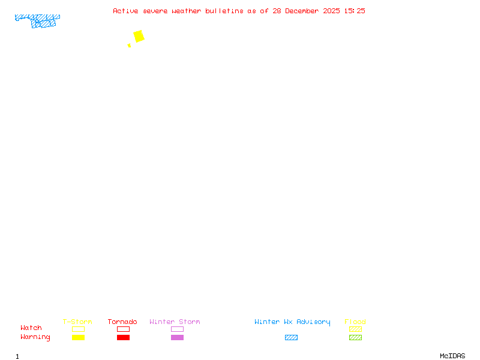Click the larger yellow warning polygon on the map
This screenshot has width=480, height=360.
139,36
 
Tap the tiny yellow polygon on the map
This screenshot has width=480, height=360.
129,46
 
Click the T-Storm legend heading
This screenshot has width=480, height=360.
77,322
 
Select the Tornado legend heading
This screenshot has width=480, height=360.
122,322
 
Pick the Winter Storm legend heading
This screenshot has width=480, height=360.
175,322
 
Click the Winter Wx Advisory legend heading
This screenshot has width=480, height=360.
292,322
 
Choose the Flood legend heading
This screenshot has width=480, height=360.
355,322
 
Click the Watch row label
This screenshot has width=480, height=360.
31,328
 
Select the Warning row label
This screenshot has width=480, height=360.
35,337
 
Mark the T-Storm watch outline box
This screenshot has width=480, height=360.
78,329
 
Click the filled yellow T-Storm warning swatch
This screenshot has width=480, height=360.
78,337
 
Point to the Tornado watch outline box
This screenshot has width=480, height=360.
123,329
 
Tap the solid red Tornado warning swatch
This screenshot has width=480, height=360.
123,337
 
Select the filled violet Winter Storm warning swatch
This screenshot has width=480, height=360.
177,337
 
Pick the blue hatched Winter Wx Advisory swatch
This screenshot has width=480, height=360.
291,337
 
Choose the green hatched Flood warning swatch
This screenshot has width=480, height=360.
355,337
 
